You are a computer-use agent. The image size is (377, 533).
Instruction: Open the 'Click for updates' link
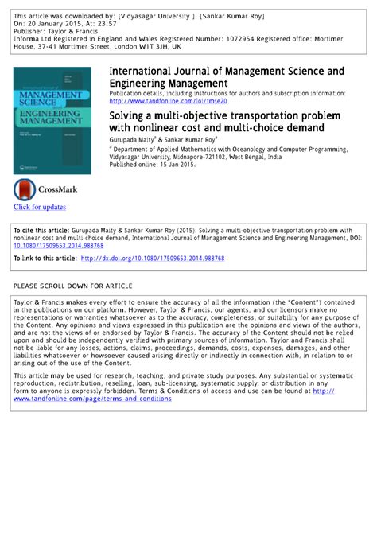coord(39,208)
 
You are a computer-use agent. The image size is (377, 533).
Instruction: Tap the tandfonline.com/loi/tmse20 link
coord(168,102)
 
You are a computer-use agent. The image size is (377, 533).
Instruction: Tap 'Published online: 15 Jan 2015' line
coord(152,165)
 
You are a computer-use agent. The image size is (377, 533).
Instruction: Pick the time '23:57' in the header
coord(111,23)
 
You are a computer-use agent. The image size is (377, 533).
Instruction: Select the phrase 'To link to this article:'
coord(45,259)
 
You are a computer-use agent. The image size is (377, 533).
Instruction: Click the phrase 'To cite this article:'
coord(43,229)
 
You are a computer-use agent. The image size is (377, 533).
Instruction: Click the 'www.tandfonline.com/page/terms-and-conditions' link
coord(92,399)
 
